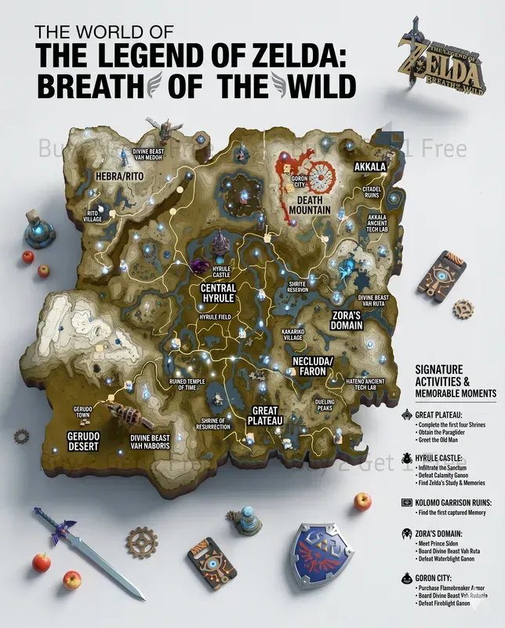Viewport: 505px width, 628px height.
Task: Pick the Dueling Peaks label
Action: pos(325,405)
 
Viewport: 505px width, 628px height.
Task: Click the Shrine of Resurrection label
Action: pos(212,423)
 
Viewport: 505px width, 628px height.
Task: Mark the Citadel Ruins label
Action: pos(371,192)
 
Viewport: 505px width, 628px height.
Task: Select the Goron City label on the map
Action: pos(299,183)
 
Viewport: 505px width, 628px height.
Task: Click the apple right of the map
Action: pos(362,500)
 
